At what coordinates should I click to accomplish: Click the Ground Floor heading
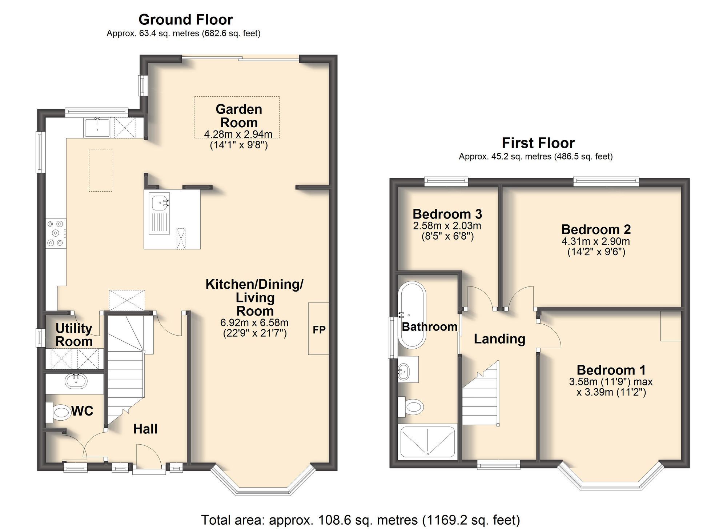[x=185, y=20]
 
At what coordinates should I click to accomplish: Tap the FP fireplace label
[x=319, y=330]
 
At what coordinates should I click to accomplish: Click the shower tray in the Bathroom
[x=427, y=442]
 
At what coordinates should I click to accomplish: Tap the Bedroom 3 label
[x=447, y=214]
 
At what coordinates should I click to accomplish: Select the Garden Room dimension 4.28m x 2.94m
[x=238, y=135]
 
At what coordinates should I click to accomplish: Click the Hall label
[x=145, y=429]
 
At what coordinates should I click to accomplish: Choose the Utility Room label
[x=74, y=335]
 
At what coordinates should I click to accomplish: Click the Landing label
[x=499, y=339]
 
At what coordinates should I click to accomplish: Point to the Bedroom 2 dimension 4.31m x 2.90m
[x=596, y=241]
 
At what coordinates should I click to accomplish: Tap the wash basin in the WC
[x=76, y=381]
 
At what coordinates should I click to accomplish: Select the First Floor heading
[x=538, y=143]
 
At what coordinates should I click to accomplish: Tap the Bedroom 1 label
[x=611, y=370]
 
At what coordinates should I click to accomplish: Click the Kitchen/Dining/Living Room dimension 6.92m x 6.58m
[x=254, y=322]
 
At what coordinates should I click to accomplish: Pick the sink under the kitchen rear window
[x=97, y=127]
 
